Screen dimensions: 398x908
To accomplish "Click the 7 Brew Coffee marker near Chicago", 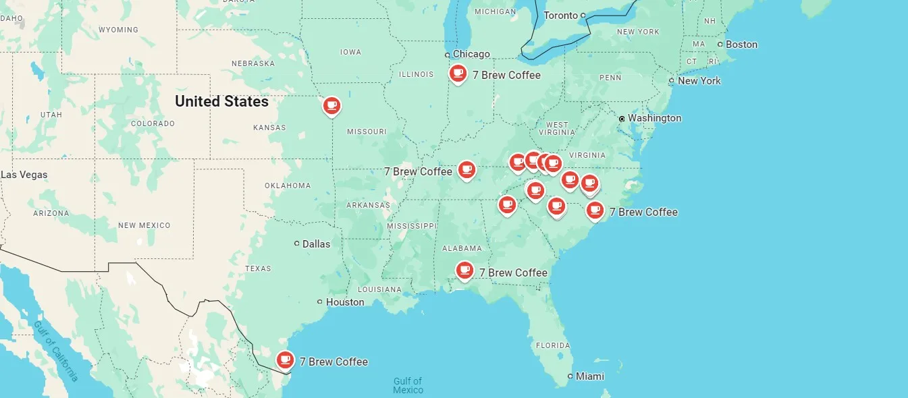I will [458, 74].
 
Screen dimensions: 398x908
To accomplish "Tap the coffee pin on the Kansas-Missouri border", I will [331, 106].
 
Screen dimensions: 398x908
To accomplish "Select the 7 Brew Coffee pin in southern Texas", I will [286, 360].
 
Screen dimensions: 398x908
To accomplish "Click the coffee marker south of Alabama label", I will [464, 271].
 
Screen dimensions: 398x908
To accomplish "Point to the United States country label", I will [221, 101].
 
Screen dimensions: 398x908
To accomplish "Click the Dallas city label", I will [316, 244].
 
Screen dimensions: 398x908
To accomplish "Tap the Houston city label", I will [344, 302].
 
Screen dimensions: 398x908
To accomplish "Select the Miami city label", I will [589, 376].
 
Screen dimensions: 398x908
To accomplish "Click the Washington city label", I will [654, 118].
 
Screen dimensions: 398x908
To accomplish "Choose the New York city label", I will [699, 81].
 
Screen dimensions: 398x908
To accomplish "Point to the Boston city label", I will [741, 45].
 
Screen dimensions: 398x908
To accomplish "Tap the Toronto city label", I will [561, 16].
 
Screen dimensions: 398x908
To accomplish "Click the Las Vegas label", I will [24, 175].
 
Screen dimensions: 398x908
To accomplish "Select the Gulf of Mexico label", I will [408, 386].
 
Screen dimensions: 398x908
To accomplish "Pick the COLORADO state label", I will [153, 123].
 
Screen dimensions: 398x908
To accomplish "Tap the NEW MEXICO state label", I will [144, 225].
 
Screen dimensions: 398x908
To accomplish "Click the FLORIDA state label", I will [553, 345].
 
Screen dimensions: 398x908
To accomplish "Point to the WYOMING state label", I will [118, 30].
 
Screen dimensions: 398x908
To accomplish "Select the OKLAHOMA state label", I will [288, 186].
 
